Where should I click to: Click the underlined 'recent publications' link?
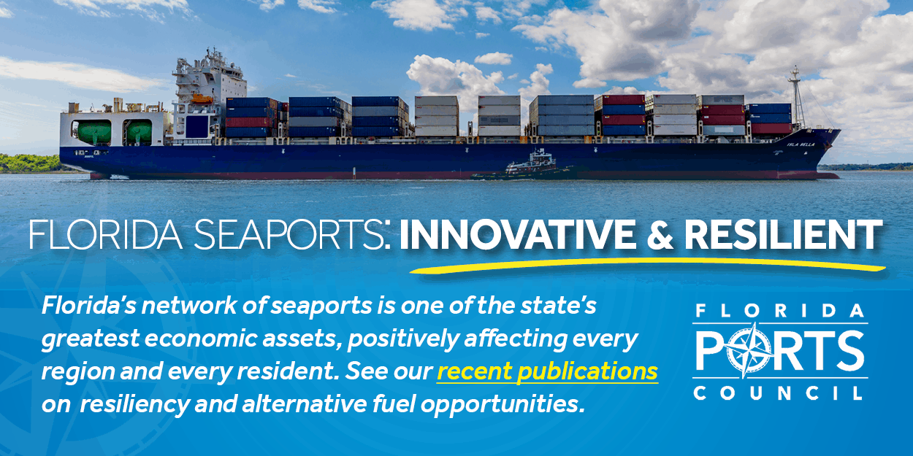[x=547, y=371]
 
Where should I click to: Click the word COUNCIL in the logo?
[x=778, y=393]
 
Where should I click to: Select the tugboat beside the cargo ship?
[x=526, y=166]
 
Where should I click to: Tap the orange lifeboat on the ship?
[x=202, y=98]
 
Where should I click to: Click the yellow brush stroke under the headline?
[x=648, y=264]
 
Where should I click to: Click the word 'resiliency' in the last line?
[x=135, y=404]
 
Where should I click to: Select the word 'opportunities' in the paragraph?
[x=500, y=404]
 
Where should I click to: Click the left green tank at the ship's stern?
[x=93, y=132]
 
